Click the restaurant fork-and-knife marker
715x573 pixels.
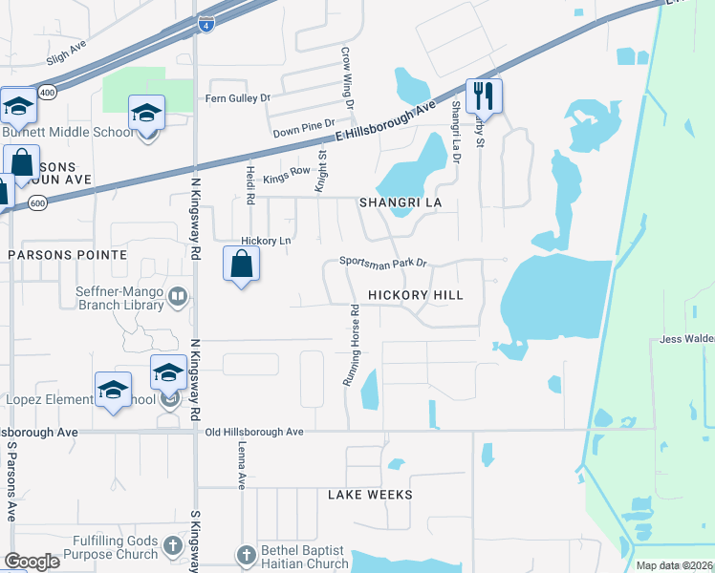coord(484,95)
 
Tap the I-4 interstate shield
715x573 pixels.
coord(206,25)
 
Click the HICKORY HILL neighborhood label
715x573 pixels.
coord(416,295)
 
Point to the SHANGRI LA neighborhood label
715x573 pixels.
coord(405,203)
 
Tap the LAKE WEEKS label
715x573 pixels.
coord(370,495)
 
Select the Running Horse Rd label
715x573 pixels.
coord(352,345)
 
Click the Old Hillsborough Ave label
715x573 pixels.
coord(254,432)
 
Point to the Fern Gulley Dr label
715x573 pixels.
coord(238,97)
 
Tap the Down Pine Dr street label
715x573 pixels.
coord(304,123)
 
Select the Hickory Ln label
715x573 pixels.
coord(266,241)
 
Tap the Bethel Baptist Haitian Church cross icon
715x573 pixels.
coord(246,554)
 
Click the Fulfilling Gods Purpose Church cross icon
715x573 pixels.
coord(172,545)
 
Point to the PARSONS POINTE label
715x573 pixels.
coord(68,255)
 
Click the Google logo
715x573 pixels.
coord(32,562)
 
